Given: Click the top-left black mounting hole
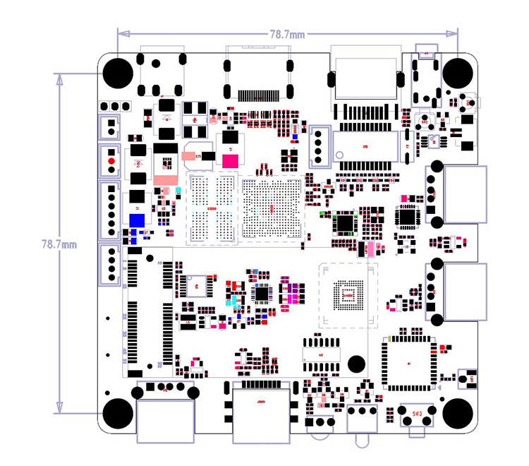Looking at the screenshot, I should click(118, 72).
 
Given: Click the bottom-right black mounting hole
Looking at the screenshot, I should click(458, 412).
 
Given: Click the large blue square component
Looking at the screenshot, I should click(138, 219).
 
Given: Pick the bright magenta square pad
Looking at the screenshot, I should click(230, 161).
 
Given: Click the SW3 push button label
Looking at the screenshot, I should click(416, 412).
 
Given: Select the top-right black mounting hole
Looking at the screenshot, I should click(458, 72).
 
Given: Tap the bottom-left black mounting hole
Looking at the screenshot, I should click(118, 412).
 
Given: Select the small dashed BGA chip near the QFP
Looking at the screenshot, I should click(346, 294).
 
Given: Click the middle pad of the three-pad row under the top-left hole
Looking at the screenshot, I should click(115, 106).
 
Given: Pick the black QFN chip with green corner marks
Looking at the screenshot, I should click(345, 223).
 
